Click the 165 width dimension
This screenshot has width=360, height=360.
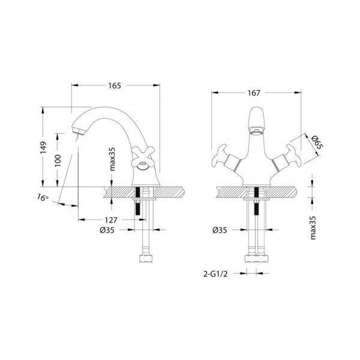pyautogui.click(x=115, y=86)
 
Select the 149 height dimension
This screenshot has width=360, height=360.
pyautogui.click(x=43, y=148)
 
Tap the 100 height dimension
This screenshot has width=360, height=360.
pyautogui.click(x=57, y=160)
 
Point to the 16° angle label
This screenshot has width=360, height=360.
pyautogui.click(x=41, y=197)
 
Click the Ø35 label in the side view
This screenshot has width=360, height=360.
pyautogui.click(x=107, y=230)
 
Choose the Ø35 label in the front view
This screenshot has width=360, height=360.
pyautogui.click(x=220, y=230)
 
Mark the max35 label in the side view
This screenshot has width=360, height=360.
pyautogui.click(x=113, y=161)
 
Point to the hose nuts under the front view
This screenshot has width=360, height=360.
pyautogui.click(x=254, y=259)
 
